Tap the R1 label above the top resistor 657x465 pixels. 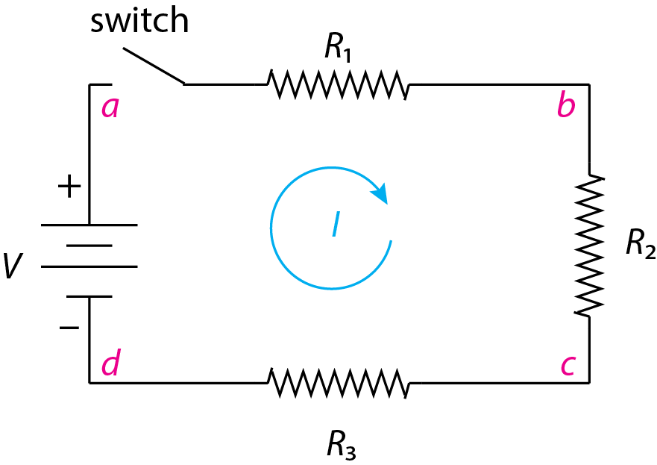[x=338, y=48]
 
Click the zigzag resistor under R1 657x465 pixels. [x=339, y=84]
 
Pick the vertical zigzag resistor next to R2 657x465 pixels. [x=590, y=245]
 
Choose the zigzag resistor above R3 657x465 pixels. [x=339, y=383]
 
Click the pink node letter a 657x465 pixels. [x=110, y=109]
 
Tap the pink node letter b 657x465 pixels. [x=566, y=107]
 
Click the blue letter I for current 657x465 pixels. [x=336, y=225]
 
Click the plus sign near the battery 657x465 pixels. [x=69, y=187]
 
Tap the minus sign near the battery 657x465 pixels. [x=69, y=326]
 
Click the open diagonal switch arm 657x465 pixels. [x=154, y=67]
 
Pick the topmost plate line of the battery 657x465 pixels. [x=89, y=224]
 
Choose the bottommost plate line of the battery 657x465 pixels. [x=89, y=296]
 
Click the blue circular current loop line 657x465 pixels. [x=273, y=224]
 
